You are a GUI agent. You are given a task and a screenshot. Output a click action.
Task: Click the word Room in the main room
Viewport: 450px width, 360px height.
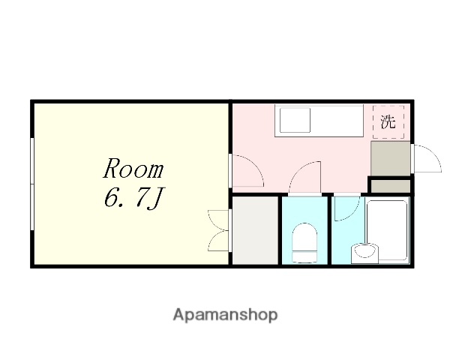133,167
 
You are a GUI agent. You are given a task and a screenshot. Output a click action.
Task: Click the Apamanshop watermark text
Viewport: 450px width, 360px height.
224,314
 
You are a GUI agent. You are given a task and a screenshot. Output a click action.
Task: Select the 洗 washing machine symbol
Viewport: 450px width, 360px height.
388,122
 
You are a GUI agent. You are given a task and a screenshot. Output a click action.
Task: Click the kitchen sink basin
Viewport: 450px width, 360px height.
295,120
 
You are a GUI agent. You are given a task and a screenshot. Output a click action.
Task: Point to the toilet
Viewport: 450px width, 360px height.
305,240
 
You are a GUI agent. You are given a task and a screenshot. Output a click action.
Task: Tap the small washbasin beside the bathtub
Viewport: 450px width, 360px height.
365,252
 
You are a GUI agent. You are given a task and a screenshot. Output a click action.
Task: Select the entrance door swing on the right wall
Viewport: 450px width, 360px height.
424,158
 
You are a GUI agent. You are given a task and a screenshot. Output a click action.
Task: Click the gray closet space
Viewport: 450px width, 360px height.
256,229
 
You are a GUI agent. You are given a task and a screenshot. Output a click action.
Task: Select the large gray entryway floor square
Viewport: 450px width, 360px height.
390,157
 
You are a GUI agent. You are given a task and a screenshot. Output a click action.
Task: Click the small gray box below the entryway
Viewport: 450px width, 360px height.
390,185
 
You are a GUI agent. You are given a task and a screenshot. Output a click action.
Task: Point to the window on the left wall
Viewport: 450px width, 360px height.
32,183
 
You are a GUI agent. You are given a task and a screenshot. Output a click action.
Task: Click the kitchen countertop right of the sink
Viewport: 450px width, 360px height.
337,120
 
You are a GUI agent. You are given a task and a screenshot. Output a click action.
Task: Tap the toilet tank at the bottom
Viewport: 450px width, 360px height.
305,256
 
